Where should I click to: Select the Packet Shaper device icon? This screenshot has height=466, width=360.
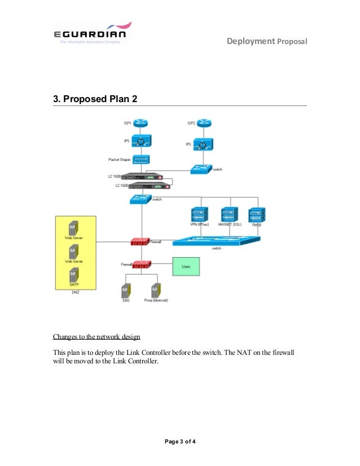point(138,160)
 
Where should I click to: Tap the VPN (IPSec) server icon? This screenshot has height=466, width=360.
point(199,214)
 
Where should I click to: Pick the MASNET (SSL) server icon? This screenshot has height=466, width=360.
point(229,214)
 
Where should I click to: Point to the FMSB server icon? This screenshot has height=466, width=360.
point(257,214)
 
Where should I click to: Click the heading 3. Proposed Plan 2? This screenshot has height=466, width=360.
point(95,99)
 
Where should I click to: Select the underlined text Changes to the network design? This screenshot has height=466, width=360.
point(96,337)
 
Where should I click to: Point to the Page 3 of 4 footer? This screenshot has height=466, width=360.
point(180,441)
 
